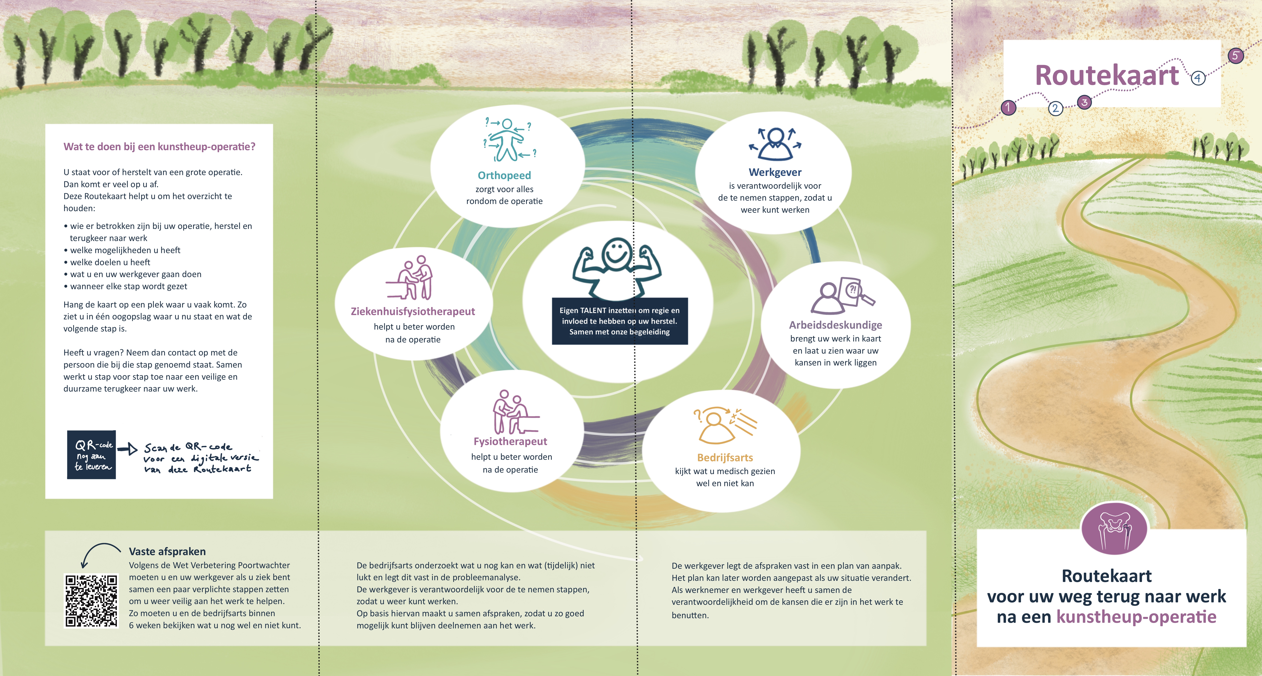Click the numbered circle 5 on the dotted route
pyautogui.click(x=1235, y=55)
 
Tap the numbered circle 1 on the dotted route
pyautogui.click(x=1008, y=107)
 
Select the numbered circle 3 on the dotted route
pyautogui.click(x=1085, y=102)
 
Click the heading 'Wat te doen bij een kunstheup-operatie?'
pyautogui.click(x=159, y=147)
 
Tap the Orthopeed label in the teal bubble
pyautogui.click(x=504, y=175)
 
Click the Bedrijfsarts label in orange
pyautogui.click(x=725, y=457)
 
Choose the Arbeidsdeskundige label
pyautogui.click(x=835, y=325)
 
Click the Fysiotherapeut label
pyautogui.click(x=510, y=441)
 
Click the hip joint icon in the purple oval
pyautogui.click(x=1114, y=529)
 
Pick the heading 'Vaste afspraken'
pyautogui.click(x=167, y=552)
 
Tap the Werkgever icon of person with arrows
pyautogui.click(x=775, y=143)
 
